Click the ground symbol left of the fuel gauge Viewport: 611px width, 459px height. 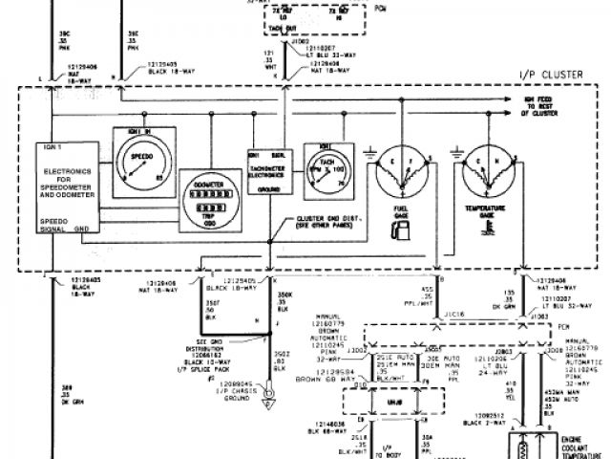coord(369,150)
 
